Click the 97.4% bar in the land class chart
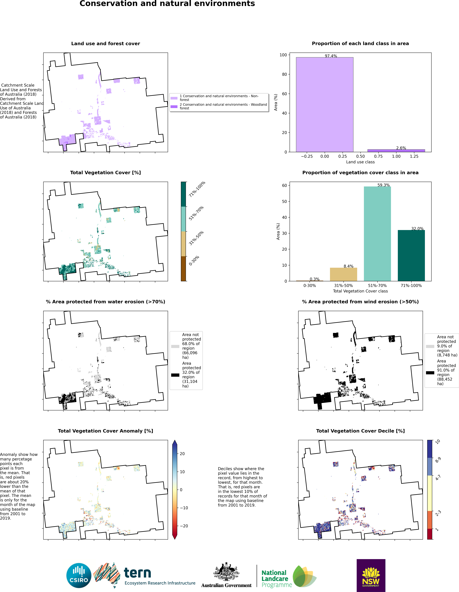coord(325,105)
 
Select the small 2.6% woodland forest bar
coord(396,151)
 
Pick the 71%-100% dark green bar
coord(411,256)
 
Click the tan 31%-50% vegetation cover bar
coord(343,274)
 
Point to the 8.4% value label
coord(348,266)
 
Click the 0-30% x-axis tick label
coord(310,285)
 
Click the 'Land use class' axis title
coord(360,162)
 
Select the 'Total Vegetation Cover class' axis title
coord(360,291)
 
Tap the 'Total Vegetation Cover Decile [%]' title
coord(360,431)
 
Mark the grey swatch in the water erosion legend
coord(175,346)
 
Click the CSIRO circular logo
coord(79,576)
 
